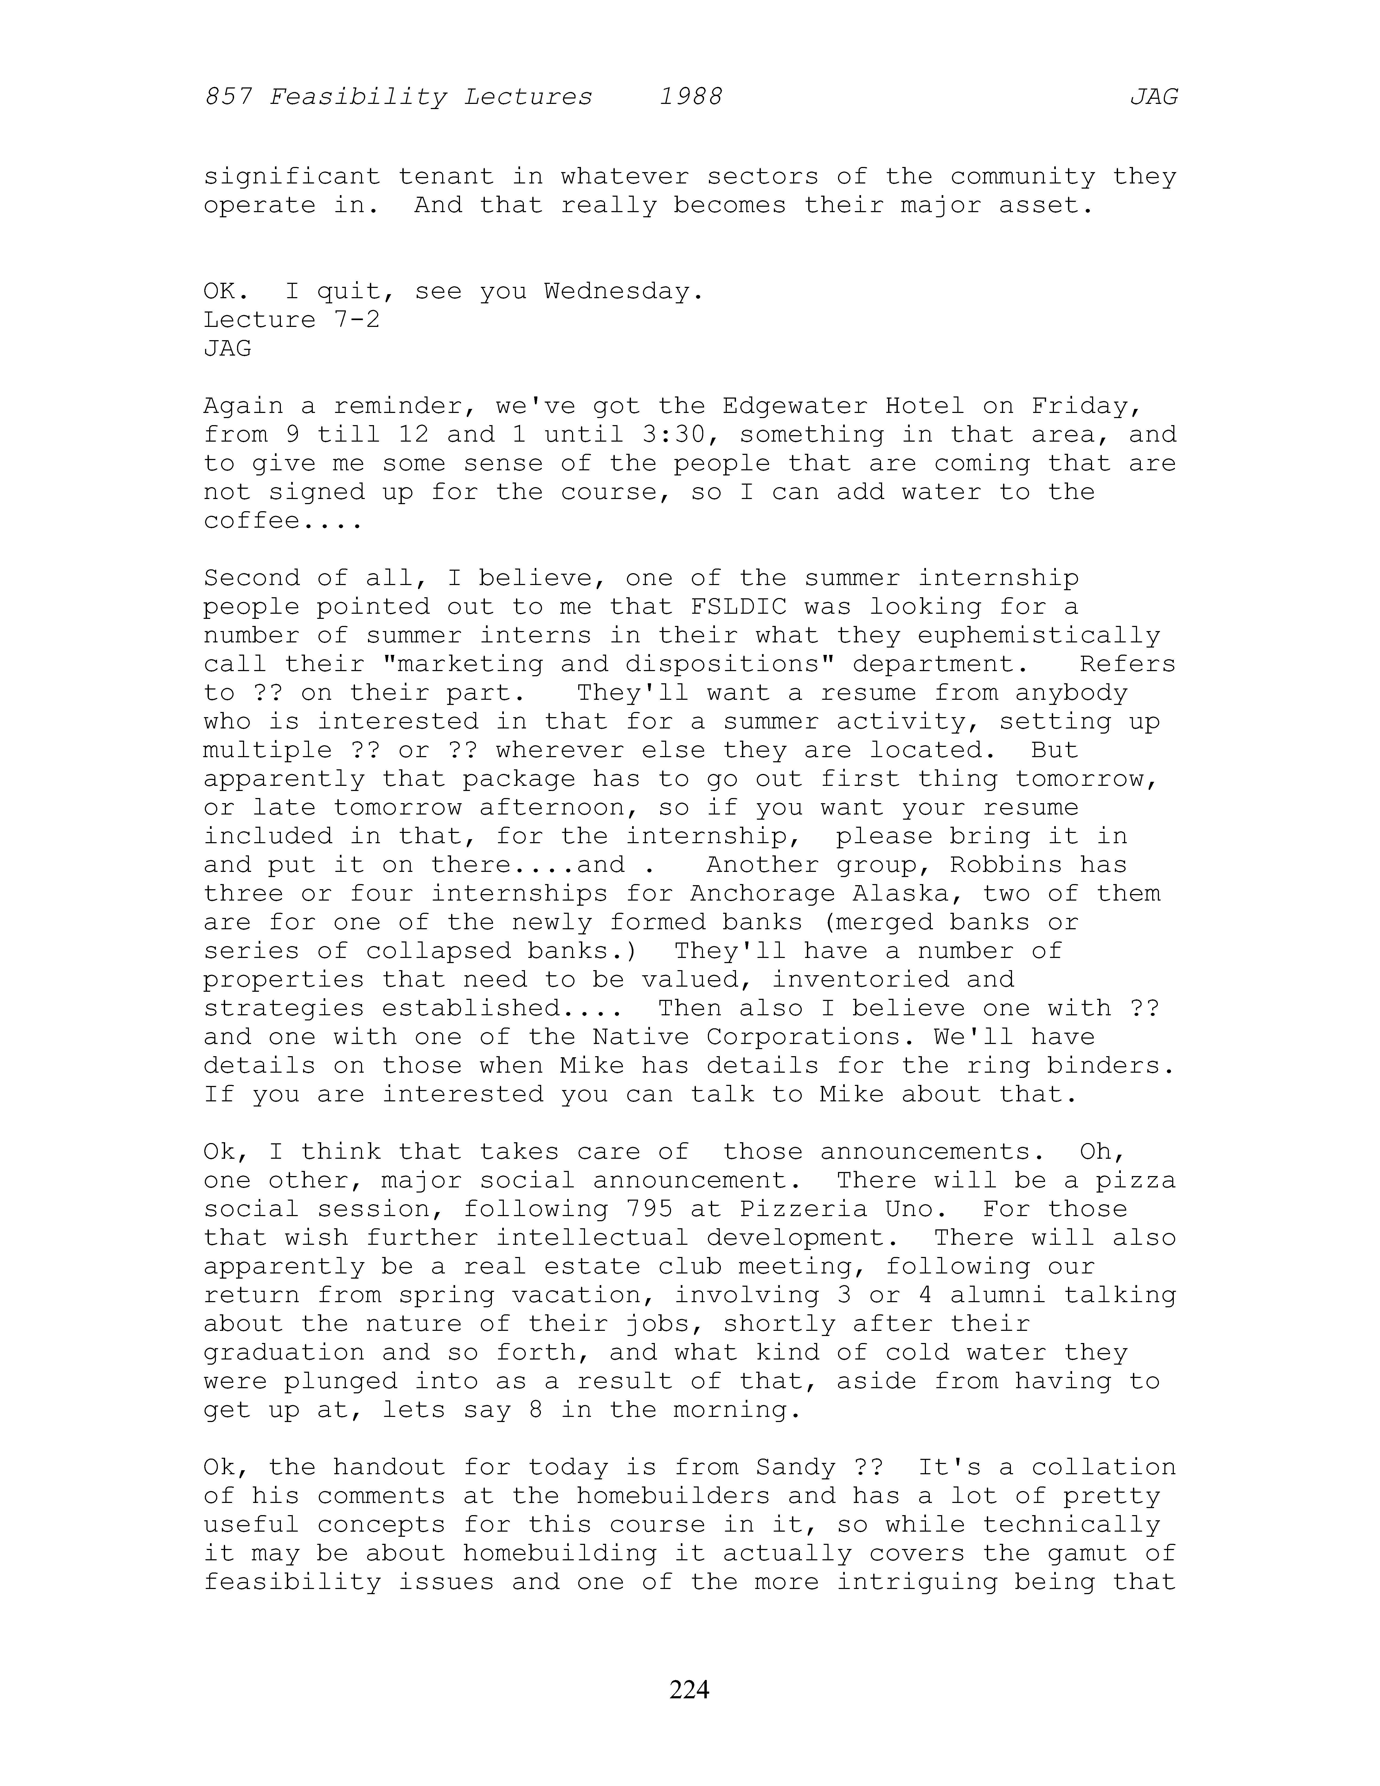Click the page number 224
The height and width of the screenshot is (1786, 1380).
tap(689, 1689)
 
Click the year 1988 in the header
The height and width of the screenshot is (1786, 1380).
tap(691, 97)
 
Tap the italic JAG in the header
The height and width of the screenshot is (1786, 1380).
tap(1154, 97)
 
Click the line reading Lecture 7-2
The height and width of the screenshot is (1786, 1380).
tap(292, 320)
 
